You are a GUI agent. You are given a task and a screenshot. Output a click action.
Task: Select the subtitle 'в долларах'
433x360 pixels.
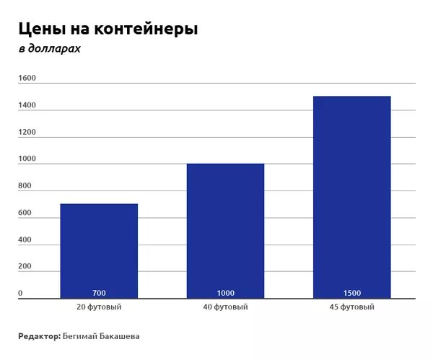pyautogui.click(x=50, y=49)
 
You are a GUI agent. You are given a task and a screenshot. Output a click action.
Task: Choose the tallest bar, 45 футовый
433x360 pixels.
pyautogui.click(x=351, y=195)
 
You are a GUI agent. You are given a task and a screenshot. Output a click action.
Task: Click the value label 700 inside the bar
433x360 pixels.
pyautogui.click(x=99, y=293)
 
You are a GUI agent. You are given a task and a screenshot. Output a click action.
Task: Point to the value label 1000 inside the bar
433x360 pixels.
pyautogui.click(x=225, y=293)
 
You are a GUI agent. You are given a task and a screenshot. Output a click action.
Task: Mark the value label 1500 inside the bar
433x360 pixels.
pyautogui.click(x=351, y=293)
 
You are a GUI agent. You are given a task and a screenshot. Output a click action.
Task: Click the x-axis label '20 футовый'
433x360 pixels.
pyautogui.click(x=99, y=307)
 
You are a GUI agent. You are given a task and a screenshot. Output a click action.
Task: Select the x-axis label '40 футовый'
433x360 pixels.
pyautogui.click(x=225, y=307)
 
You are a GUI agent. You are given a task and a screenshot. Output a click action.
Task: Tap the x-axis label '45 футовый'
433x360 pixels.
pyautogui.click(x=351, y=307)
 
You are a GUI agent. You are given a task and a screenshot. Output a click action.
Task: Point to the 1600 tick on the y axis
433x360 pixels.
pyautogui.click(x=27, y=78)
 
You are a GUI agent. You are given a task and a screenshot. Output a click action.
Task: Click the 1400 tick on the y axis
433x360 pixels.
pyautogui.click(x=27, y=105)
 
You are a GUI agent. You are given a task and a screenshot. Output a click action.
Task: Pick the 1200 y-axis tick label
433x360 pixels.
pyautogui.click(x=27, y=132)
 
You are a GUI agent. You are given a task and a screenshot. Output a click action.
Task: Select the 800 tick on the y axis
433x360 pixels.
pyautogui.click(x=25, y=186)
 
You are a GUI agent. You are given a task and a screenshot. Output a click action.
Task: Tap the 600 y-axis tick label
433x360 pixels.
pyautogui.click(x=25, y=213)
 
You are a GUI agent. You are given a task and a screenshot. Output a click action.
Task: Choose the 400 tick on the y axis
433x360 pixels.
pyautogui.click(x=25, y=240)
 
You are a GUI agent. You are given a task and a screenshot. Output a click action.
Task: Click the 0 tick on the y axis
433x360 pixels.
pyautogui.click(x=20, y=293)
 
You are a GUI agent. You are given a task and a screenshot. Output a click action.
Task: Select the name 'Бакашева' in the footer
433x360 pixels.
pyautogui.click(x=118, y=336)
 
